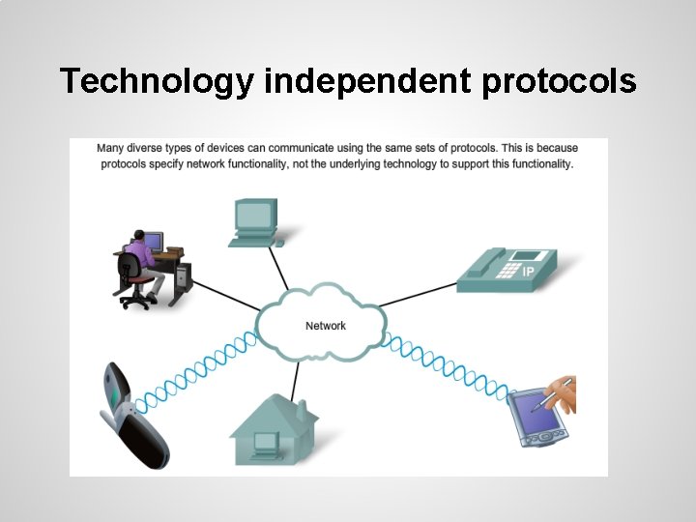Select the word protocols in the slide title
click(x=559, y=81)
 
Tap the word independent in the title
click(x=368, y=81)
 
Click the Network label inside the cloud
click(x=326, y=326)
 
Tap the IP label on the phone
click(x=528, y=273)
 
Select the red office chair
click(x=137, y=287)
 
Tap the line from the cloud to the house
click(x=301, y=377)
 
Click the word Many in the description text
click(x=110, y=149)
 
